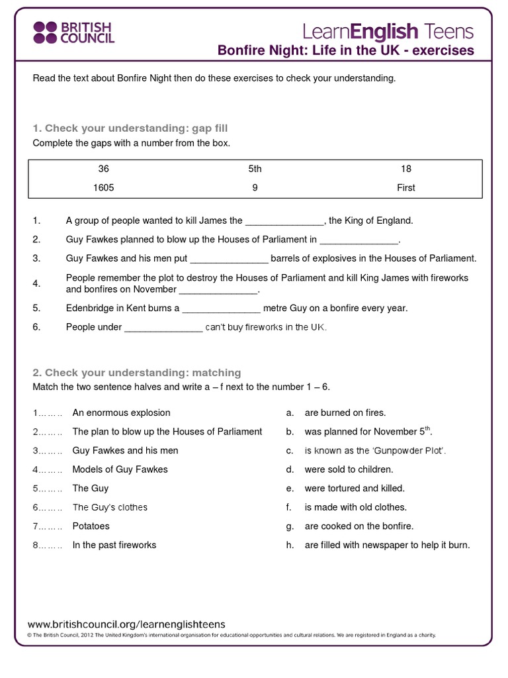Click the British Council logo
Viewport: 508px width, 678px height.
coord(73,32)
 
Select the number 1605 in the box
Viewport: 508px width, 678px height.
coord(103,187)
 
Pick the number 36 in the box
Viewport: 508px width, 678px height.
coord(103,169)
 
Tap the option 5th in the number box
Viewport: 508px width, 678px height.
coord(255,169)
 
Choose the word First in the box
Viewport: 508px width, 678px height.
coord(405,187)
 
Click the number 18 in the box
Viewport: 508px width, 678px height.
coord(405,169)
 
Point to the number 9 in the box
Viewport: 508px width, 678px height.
coord(255,187)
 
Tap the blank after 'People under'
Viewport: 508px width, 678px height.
coord(163,328)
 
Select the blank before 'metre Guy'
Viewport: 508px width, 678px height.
coord(222,309)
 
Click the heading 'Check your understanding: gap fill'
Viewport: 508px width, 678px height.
coord(130,128)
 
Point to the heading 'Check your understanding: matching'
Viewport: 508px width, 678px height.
coord(137,373)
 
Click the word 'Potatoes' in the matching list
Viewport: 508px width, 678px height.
coord(91,526)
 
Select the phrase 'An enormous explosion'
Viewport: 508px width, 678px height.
coord(121,412)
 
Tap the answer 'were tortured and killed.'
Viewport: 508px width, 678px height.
coord(354,488)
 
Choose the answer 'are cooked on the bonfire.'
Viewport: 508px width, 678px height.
coord(359,526)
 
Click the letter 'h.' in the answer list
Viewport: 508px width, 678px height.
coord(290,546)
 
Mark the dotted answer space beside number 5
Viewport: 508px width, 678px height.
coord(50,489)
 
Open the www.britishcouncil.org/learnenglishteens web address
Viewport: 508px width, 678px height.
coord(126,624)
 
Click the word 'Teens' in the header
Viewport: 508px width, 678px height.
coord(448,31)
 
